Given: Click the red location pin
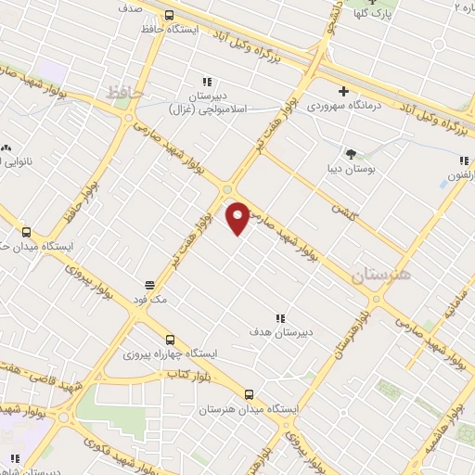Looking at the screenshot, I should click(x=239, y=216).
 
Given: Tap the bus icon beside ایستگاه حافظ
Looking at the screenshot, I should click(x=169, y=15).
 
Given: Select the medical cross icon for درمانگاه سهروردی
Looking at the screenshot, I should click(x=343, y=91).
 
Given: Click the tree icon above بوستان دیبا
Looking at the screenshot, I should click(x=351, y=153).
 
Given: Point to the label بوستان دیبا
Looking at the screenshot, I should click(x=351, y=169).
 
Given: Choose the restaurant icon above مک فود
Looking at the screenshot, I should click(x=148, y=284).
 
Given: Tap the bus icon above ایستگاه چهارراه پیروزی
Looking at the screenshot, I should click(x=168, y=340).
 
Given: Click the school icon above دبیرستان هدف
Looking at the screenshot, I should click(x=280, y=317).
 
